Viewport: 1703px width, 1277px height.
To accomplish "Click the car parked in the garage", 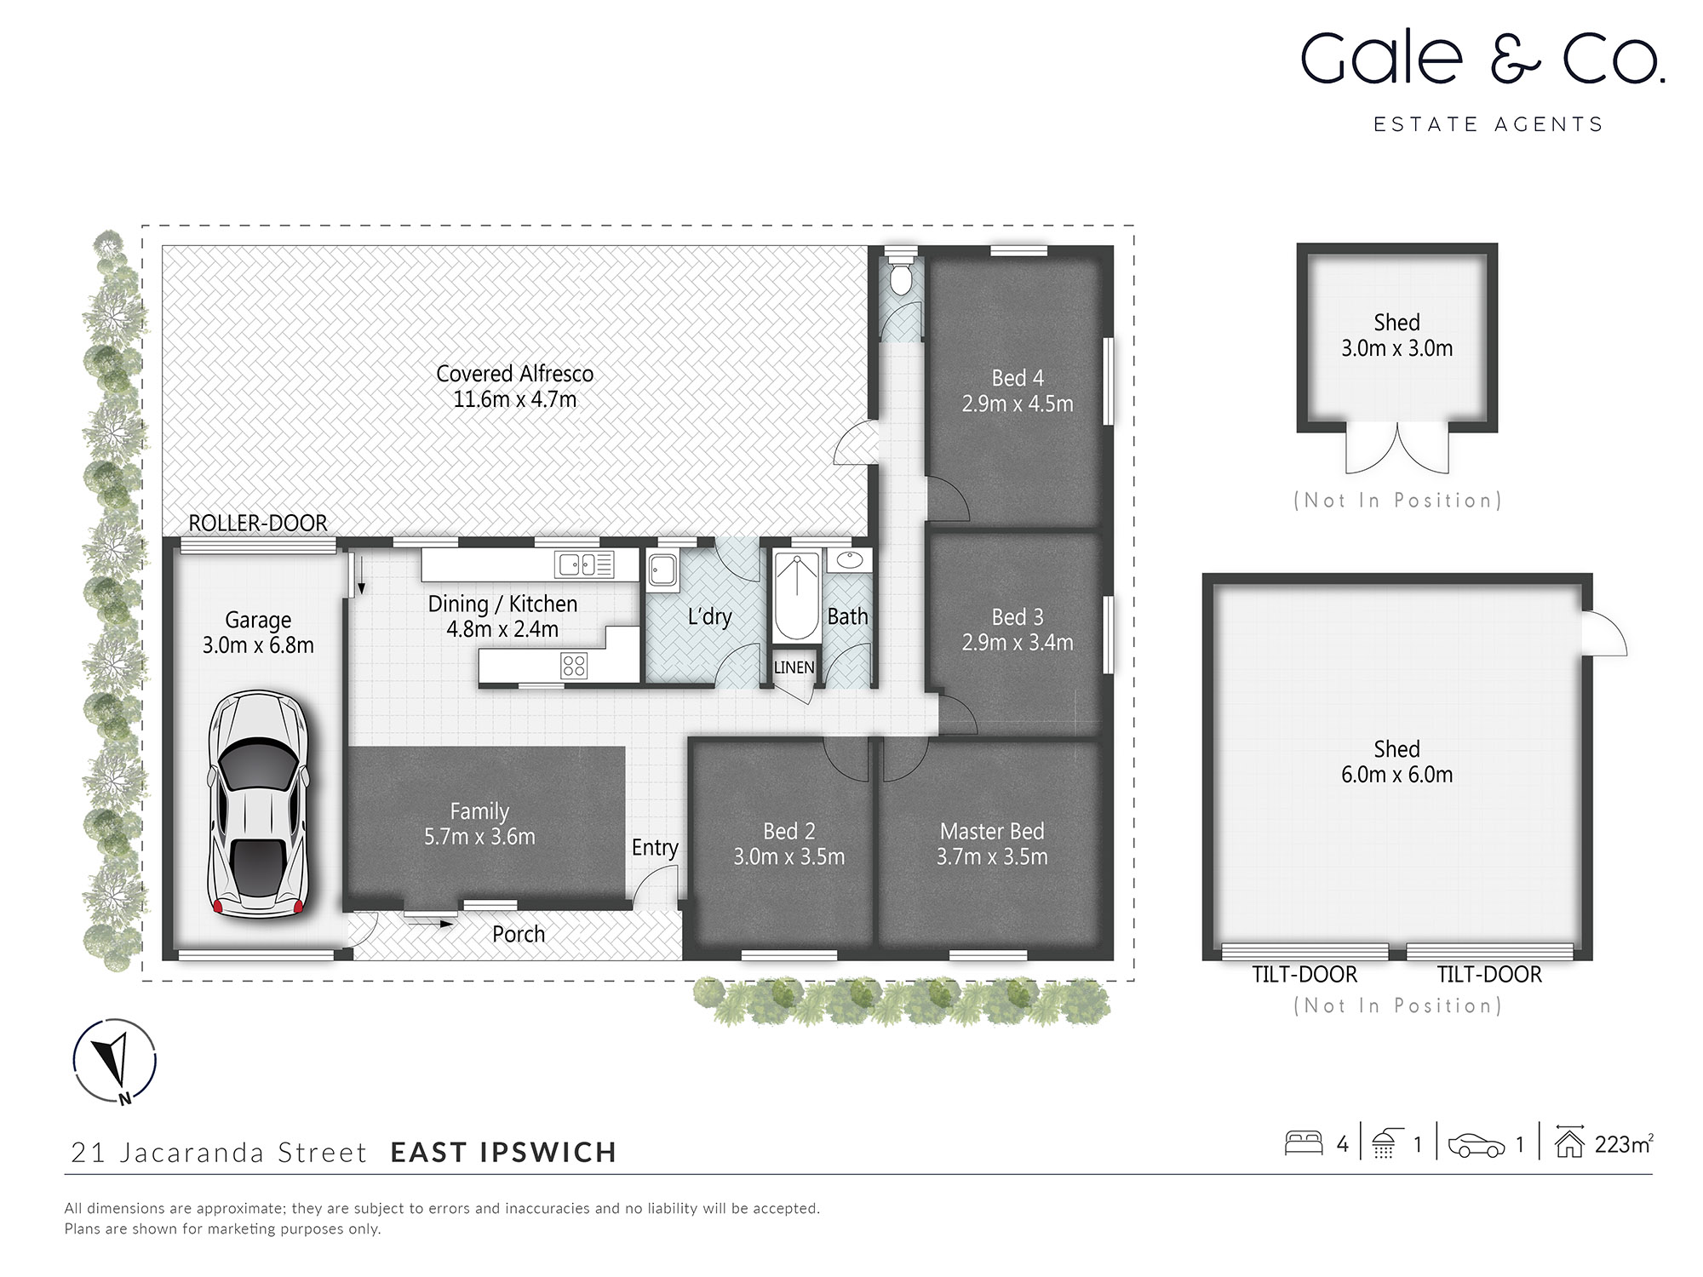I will (x=258, y=805).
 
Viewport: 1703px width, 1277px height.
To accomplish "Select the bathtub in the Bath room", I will (x=796, y=597).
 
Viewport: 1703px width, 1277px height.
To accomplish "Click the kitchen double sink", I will (x=584, y=564).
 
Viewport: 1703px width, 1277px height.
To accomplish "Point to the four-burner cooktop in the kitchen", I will (x=574, y=665).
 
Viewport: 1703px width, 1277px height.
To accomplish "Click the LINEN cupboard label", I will (x=794, y=667).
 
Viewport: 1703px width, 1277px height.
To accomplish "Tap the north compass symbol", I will (x=114, y=1061).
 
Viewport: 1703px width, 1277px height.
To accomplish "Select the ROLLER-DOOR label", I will (x=258, y=523).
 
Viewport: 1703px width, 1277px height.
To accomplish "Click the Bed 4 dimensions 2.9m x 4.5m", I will (x=1018, y=404).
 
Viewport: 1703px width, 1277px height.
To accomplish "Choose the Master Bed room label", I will (x=992, y=831).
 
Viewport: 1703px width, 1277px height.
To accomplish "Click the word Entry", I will (x=655, y=847).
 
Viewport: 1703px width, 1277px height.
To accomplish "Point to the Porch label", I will (x=519, y=934).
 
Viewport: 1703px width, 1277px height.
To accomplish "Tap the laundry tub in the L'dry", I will (x=662, y=569).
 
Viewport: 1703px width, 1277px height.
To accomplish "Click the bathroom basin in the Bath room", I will (x=848, y=559).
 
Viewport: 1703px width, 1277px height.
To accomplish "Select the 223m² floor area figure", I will (x=1623, y=1144).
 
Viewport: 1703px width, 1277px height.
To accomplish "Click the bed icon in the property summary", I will (x=1303, y=1142).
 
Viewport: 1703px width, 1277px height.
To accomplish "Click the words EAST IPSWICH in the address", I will (x=503, y=1152).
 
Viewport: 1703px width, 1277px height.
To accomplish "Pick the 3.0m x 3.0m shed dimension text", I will (x=1396, y=348).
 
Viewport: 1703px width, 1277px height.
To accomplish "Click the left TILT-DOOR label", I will (x=1304, y=974).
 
